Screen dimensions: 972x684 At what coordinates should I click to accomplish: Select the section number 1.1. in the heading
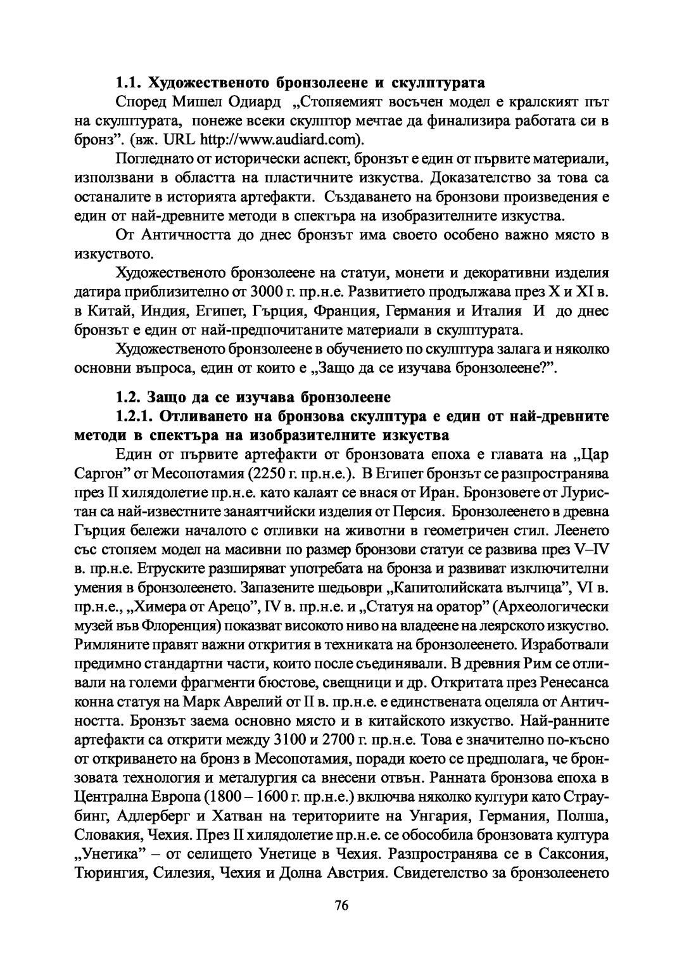[129, 82]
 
